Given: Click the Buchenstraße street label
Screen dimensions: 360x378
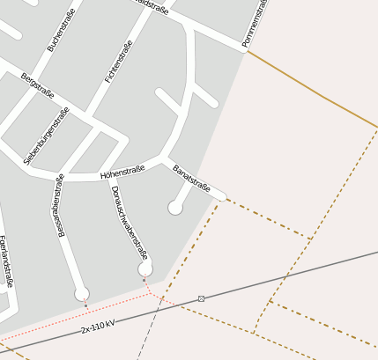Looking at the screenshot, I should (x=63, y=30).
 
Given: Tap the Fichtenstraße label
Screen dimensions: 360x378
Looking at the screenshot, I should (x=119, y=62).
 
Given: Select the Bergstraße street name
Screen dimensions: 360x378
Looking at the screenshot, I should (x=38, y=85).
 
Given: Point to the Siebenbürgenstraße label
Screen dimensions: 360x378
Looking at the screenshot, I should (x=47, y=136).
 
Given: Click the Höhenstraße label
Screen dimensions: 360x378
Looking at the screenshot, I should (x=122, y=173).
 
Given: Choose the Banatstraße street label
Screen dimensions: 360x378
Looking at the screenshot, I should (x=191, y=178).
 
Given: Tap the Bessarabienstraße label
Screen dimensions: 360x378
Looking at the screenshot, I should (x=61, y=205).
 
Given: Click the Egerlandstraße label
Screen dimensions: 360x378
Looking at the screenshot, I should (x=6, y=261).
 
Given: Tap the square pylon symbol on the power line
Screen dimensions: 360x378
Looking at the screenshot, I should (x=202, y=299).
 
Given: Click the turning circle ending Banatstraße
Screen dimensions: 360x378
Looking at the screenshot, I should (x=175, y=208).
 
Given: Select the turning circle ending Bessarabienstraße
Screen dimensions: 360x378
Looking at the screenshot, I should (x=82, y=293).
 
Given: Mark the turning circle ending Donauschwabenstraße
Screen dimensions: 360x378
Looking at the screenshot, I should (x=145, y=268).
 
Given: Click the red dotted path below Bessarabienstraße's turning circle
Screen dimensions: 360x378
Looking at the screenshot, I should (x=85, y=305).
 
